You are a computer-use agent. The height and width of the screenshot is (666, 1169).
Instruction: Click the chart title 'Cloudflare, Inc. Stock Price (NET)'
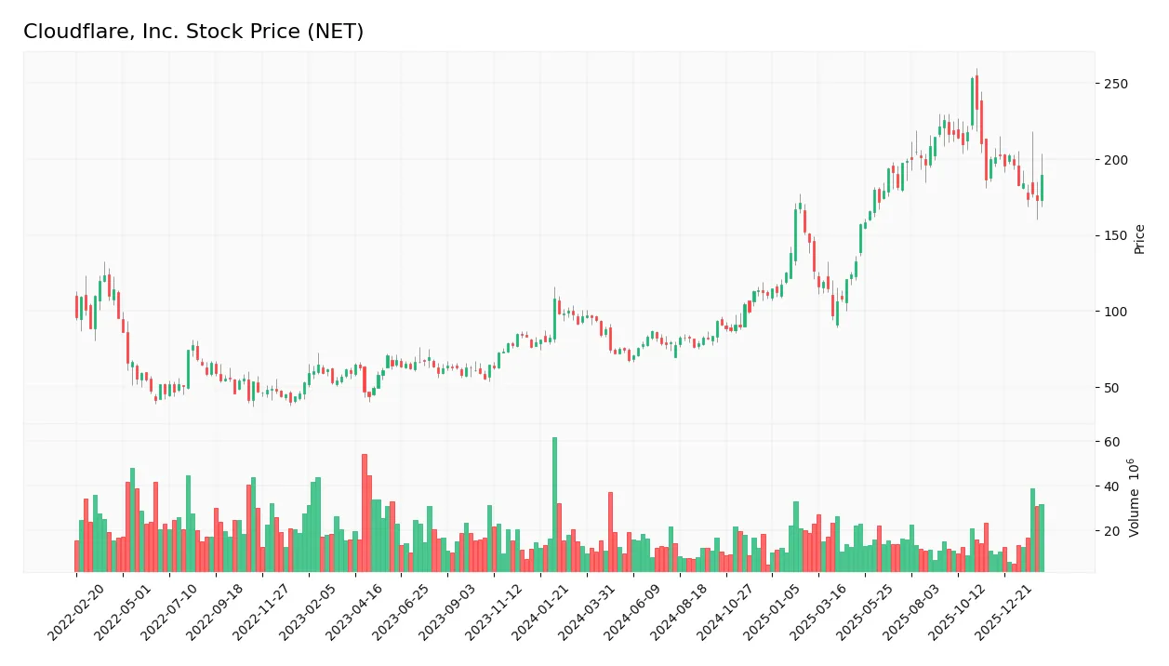193,32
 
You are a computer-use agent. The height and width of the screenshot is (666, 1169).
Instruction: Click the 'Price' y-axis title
1139,239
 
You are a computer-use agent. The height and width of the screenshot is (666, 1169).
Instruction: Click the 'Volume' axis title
1134,498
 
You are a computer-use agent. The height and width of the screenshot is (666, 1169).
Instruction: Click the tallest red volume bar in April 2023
365,513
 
